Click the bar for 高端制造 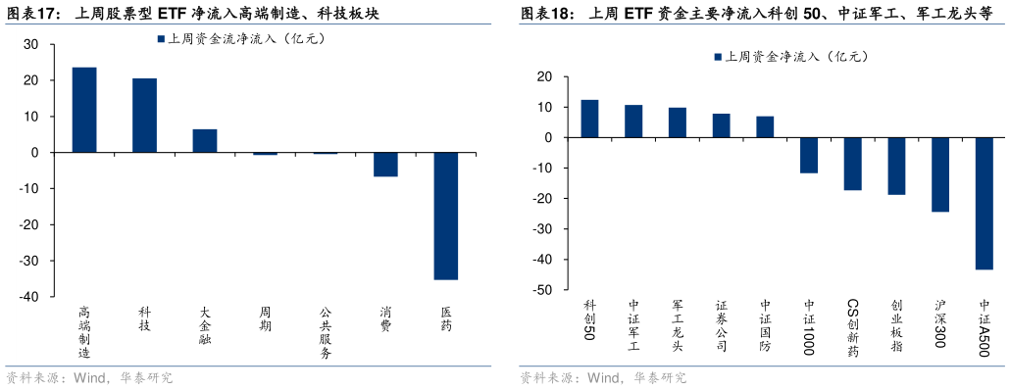84,110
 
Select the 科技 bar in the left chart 144,116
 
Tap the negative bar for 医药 446,216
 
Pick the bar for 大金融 205,141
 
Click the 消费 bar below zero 385,165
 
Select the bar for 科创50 589,119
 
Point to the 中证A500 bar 985,203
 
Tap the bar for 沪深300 940,174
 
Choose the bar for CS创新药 852,164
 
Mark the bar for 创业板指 896,166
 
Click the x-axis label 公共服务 326,333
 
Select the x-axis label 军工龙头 678,325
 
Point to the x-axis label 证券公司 722,325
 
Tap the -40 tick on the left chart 30,297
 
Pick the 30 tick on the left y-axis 30,44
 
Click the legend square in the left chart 161,39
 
